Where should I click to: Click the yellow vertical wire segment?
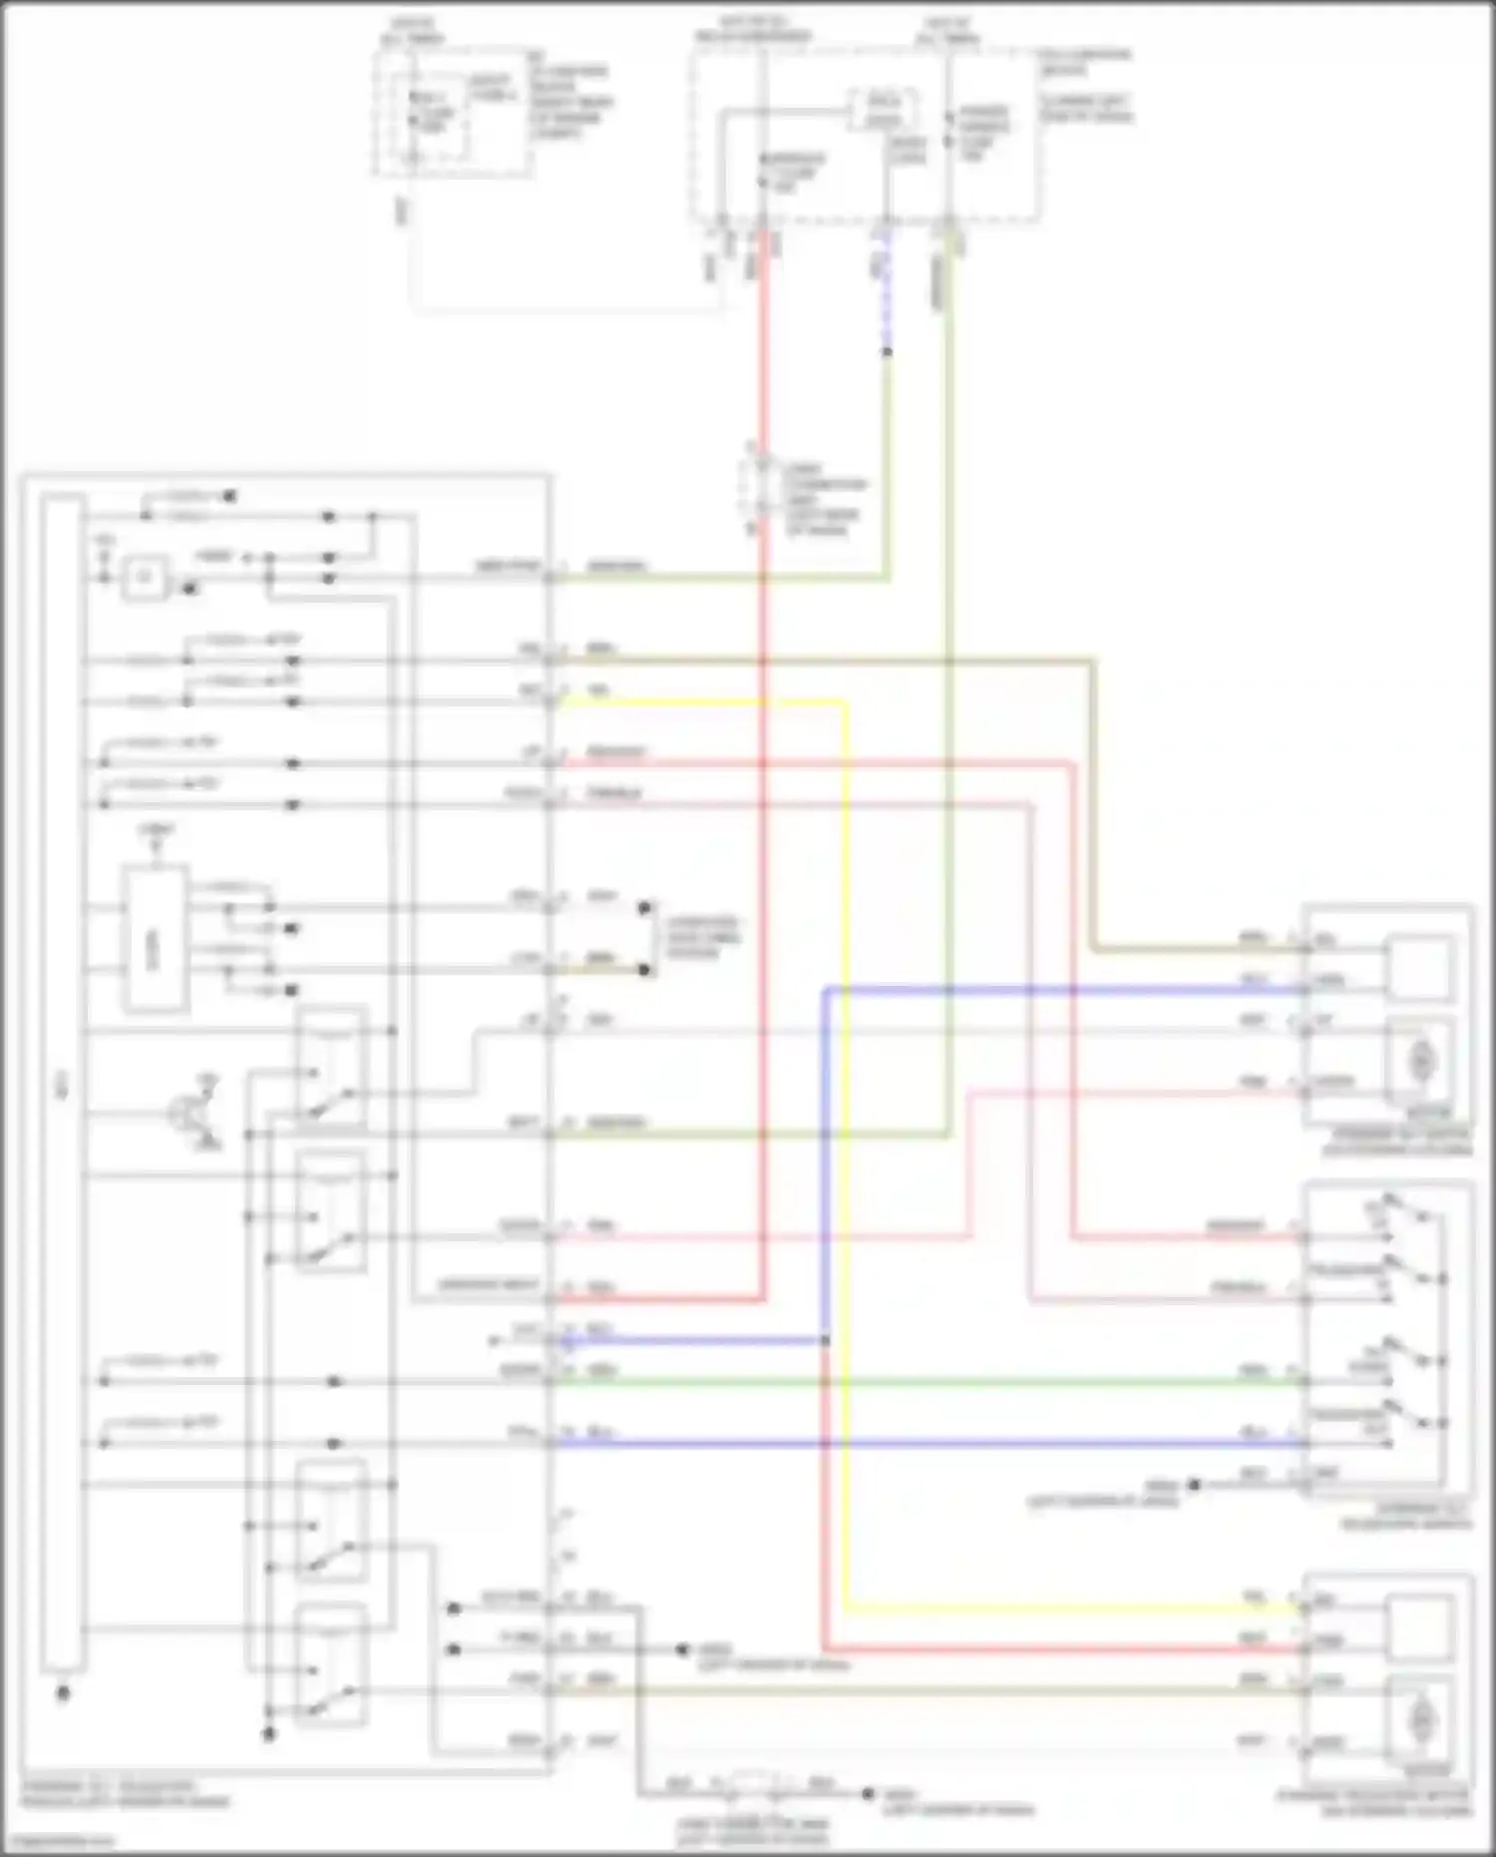pos(846,1098)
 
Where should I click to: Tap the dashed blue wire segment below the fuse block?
pos(887,299)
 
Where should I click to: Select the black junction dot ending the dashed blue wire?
pos(887,351)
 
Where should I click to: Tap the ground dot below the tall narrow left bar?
pos(63,1693)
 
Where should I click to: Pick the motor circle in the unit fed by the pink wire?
pos(1420,1061)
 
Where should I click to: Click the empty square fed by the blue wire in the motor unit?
pos(1420,967)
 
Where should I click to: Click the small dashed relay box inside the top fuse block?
pos(883,110)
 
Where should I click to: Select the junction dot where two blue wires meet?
pos(826,1340)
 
